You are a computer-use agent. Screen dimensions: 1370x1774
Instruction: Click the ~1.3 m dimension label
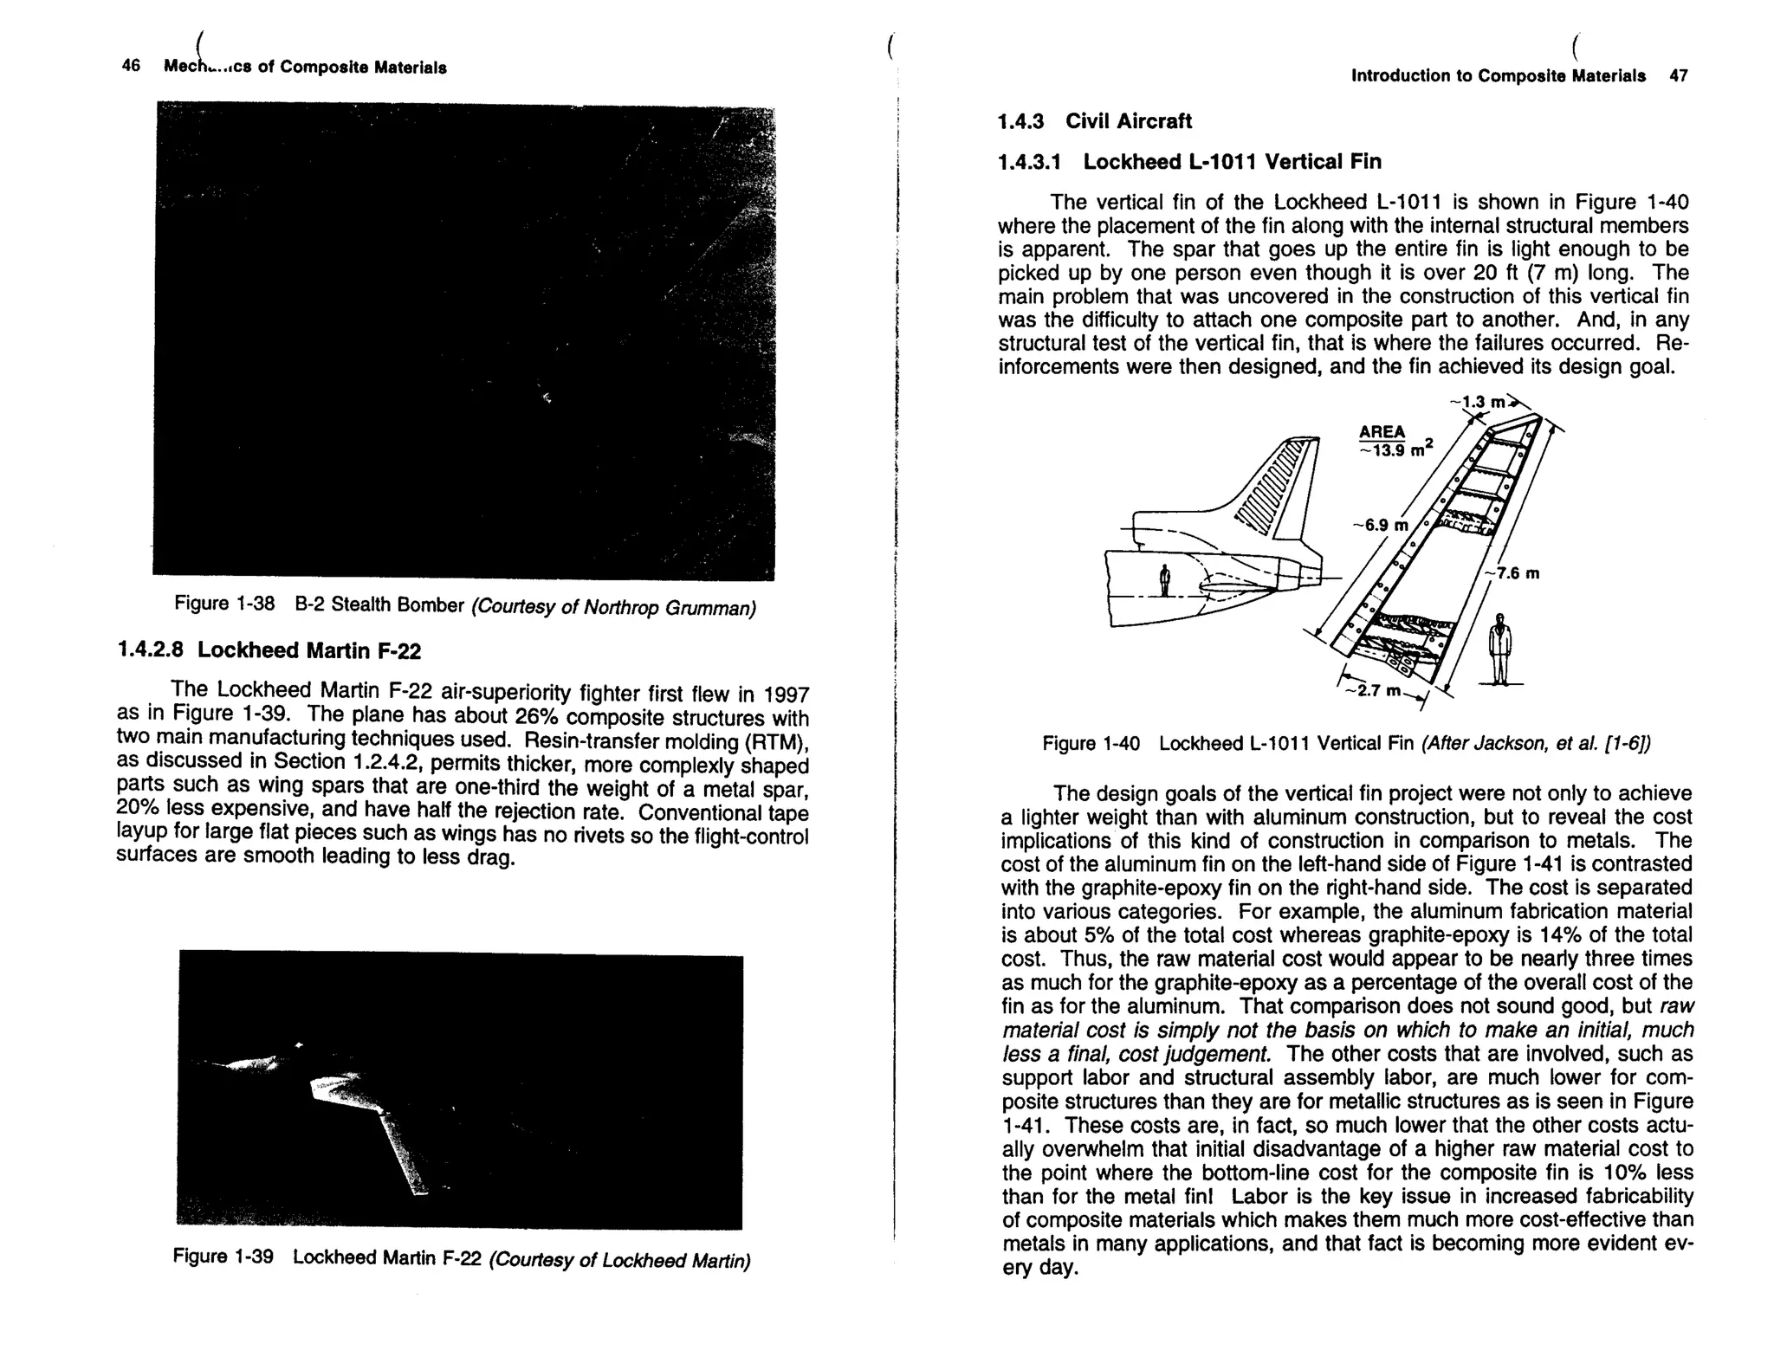point(1482,403)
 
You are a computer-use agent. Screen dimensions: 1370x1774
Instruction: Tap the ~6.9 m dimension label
point(1381,526)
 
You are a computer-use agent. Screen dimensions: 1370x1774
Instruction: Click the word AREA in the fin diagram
point(1382,432)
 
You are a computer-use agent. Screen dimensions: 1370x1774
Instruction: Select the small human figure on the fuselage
point(1165,579)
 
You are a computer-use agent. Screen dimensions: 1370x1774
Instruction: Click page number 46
point(131,66)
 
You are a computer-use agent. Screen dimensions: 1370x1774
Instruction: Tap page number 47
point(1678,75)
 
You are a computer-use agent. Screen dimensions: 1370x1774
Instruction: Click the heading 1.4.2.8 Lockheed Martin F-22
point(269,650)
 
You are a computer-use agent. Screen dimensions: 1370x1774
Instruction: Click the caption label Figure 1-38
point(223,604)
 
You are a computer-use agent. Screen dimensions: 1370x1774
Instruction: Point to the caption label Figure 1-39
point(223,1257)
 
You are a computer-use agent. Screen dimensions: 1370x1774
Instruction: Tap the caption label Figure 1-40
point(1091,744)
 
